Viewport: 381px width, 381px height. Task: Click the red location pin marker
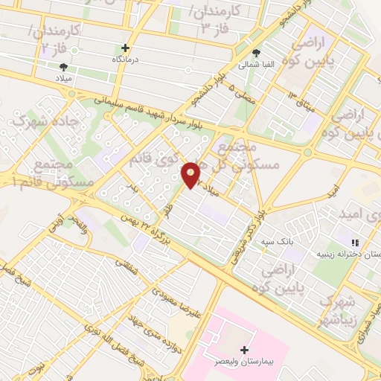[x=191, y=174]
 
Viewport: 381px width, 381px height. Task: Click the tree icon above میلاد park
[x=61, y=65]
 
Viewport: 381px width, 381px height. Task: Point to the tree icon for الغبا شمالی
[x=257, y=53]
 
